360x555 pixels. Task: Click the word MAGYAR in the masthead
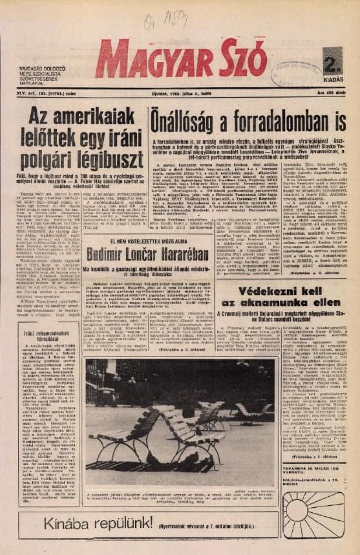152,60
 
